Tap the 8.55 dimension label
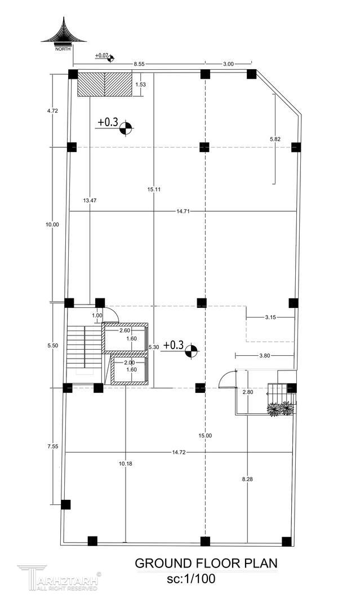139,64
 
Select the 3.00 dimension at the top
229,64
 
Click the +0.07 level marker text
101,55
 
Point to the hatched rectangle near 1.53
104,84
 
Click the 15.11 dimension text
154,189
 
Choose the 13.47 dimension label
90,200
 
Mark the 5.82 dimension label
275,139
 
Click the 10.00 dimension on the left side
52,224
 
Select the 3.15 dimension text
270,317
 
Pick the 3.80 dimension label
264,356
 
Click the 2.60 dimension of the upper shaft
125,331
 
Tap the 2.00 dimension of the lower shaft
129,363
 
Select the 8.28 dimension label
247,479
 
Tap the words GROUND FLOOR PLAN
206,564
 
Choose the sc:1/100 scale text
191,579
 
